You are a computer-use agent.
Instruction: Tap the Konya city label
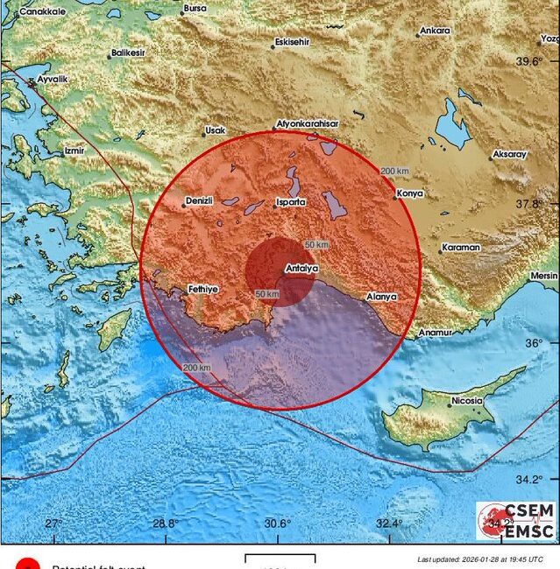click(410, 193)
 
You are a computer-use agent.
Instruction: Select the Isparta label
click(290, 202)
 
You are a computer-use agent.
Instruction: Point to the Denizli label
click(200, 200)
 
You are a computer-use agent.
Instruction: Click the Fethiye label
click(202, 288)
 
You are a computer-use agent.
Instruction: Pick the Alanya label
click(382, 297)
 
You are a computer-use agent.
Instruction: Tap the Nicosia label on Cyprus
click(466, 401)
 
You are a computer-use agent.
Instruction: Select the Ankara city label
click(435, 31)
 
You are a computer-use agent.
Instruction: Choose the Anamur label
click(434, 333)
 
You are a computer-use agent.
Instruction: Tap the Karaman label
click(461, 248)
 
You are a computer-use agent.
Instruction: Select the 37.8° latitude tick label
click(529, 203)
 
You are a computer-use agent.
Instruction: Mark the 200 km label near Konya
click(395, 171)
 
